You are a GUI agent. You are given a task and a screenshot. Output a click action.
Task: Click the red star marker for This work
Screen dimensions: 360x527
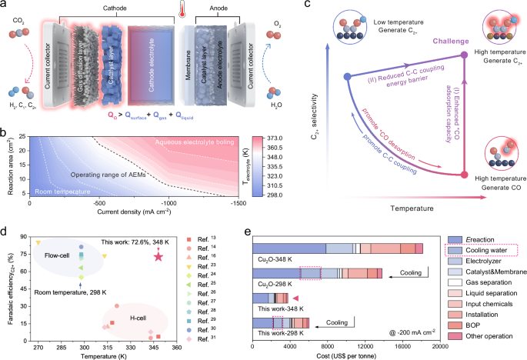pos(159,255)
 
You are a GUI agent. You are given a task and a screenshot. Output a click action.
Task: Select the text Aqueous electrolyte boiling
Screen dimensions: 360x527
pos(186,144)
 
